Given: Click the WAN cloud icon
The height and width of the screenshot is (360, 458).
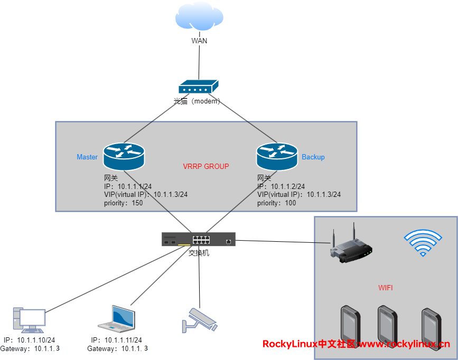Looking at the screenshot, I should pos(199,18).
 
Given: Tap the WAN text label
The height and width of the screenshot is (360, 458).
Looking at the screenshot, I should pos(199,41).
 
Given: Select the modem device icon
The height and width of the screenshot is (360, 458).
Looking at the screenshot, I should pos(198,88).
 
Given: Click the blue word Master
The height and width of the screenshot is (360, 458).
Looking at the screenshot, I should pos(87,157).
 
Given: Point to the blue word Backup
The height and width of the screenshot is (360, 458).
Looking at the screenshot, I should pos(313,157).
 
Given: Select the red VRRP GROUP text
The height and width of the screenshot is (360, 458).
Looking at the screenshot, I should pos(206,166).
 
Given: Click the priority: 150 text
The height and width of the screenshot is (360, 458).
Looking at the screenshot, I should pos(123,203).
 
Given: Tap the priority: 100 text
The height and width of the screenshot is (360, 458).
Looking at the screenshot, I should pos(276,203).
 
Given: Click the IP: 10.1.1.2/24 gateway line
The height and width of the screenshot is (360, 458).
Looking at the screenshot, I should pos(281,186).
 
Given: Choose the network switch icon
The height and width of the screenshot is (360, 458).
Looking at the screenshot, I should pos(199,240).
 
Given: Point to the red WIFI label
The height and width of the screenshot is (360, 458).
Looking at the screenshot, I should pos(386,288).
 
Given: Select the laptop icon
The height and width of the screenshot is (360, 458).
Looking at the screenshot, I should pos(117,318).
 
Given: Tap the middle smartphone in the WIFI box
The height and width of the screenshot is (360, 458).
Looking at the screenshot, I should pos(387,323).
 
